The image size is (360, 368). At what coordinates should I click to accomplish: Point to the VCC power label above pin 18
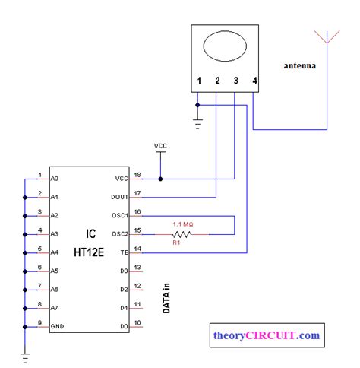[161, 145]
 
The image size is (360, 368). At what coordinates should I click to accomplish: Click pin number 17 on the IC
[137, 192]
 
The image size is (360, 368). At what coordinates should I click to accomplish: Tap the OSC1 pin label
[118, 216]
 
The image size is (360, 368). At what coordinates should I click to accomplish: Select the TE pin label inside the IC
[124, 252]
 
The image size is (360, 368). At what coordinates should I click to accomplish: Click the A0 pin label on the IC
[55, 179]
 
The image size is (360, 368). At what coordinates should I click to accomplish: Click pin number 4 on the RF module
[254, 81]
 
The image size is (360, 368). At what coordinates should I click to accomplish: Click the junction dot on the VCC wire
[161, 179]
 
